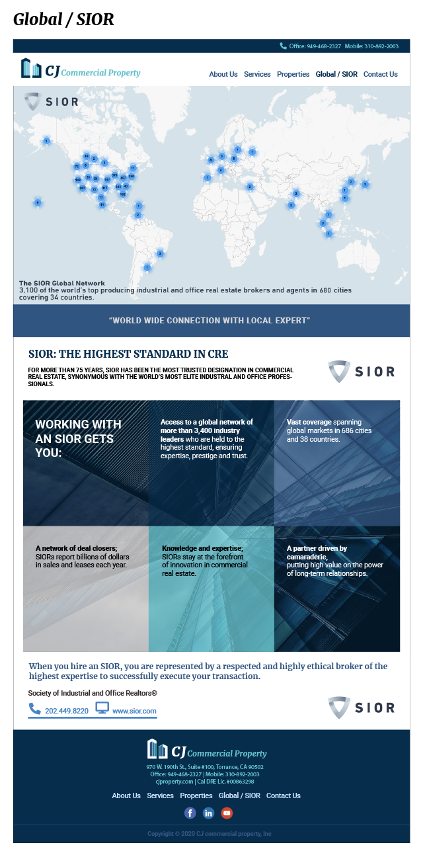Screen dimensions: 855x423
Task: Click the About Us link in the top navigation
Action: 223,74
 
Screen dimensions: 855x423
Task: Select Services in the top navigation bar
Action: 257,74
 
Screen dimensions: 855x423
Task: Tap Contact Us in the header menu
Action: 380,74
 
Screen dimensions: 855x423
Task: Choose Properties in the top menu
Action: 293,74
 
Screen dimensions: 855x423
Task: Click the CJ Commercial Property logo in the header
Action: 81,69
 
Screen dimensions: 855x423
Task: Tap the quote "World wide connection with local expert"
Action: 210,321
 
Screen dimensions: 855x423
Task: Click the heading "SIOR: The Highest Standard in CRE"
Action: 128,354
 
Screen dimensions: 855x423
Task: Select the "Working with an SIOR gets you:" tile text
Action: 78,438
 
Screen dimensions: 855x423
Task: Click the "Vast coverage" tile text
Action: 329,430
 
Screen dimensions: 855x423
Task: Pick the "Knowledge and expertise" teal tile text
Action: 205,561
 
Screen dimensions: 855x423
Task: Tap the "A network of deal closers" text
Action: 82,557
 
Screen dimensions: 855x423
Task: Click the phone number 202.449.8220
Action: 66,711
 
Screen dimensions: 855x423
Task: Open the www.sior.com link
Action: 134,711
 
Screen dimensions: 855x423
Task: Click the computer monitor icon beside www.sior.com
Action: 102,708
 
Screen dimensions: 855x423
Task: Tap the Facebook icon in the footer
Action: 190,813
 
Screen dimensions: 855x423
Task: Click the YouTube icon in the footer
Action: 227,813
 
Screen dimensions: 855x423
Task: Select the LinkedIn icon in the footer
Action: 209,813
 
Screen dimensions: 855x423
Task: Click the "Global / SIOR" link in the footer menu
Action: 239,795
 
